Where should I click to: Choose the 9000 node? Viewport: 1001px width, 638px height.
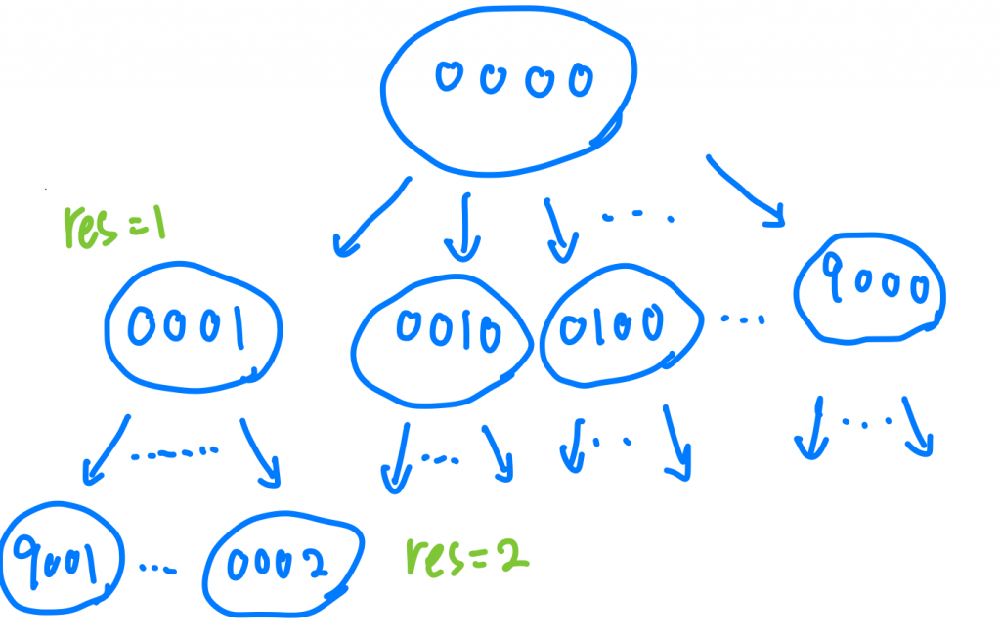(x=871, y=287)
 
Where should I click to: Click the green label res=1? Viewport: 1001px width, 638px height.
(x=113, y=226)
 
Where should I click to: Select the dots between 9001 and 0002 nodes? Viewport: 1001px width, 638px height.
(x=158, y=567)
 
